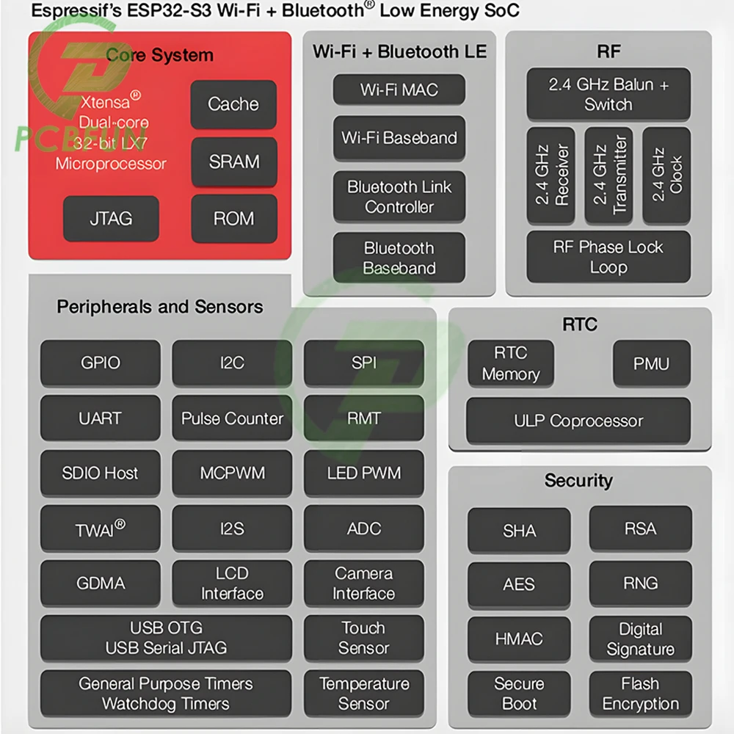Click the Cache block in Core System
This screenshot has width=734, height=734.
(x=233, y=104)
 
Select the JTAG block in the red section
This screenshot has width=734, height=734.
(x=111, y=219)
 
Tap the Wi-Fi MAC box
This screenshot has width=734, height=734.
(x=399, y=90)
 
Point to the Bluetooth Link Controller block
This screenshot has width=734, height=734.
(x=399, y=197)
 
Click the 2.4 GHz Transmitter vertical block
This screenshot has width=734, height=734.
(x=608, y=175)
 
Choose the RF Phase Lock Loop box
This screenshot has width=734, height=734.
(x=608, y=256)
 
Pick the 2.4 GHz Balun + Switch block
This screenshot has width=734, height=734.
(x=608, y=94)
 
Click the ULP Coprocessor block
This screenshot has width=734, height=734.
(x=578, y=421)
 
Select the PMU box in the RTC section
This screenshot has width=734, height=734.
(x=652, y=363)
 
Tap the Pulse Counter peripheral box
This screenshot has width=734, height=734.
(x=232, y=418)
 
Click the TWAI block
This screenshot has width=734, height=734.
(x=100, y=528)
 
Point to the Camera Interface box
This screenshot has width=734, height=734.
(x=364, y=584)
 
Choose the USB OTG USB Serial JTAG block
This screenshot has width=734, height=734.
(x=166, y=638)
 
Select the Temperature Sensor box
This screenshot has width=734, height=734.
(x=364, y=694)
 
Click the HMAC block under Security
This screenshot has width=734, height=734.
(x=519, y=639)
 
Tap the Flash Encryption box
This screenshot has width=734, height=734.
(x=640, y=694)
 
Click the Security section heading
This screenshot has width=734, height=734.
(x=578, y=481)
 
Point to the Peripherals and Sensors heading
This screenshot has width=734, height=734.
(x=159, y=307)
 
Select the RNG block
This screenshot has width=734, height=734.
(x=640, y=584)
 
